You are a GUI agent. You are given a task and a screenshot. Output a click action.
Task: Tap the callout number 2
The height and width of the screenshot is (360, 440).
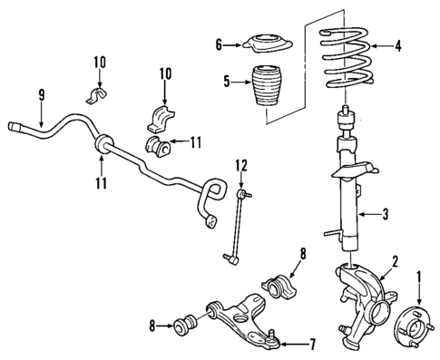point(394,263)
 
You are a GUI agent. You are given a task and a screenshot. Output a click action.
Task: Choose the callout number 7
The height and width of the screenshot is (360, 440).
point(314,345)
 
